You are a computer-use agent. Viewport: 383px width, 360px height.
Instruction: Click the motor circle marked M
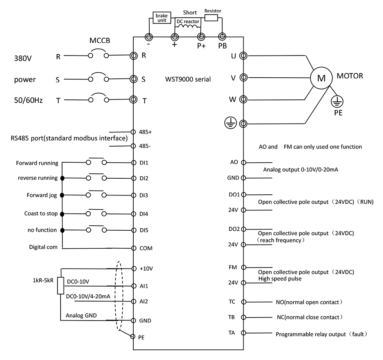(x=321, y=78)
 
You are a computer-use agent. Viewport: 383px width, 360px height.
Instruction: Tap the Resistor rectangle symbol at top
(x=211, y=18)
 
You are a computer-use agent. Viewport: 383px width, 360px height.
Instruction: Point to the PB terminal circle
(x=222, y=37)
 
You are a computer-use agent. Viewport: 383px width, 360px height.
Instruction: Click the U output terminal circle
(x=242, y=56)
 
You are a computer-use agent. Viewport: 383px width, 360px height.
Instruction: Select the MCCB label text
(x=100, y=41)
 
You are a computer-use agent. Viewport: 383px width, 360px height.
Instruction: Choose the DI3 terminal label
(x=144, y=195)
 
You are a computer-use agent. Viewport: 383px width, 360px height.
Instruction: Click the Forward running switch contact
(x=96, y=162)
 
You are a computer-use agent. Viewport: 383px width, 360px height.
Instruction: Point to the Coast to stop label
(x=41, y=213)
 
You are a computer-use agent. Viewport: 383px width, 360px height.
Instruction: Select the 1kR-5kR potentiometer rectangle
(x=61, y=286)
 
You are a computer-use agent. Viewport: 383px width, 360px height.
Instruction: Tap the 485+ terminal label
(x=146, y=132)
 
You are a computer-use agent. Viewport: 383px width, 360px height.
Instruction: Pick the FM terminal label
(x=232, y=267)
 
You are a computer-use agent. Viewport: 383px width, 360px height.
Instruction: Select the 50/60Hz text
(x=28, y=100)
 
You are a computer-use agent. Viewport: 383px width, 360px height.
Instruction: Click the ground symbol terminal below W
(x=243, y=124)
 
